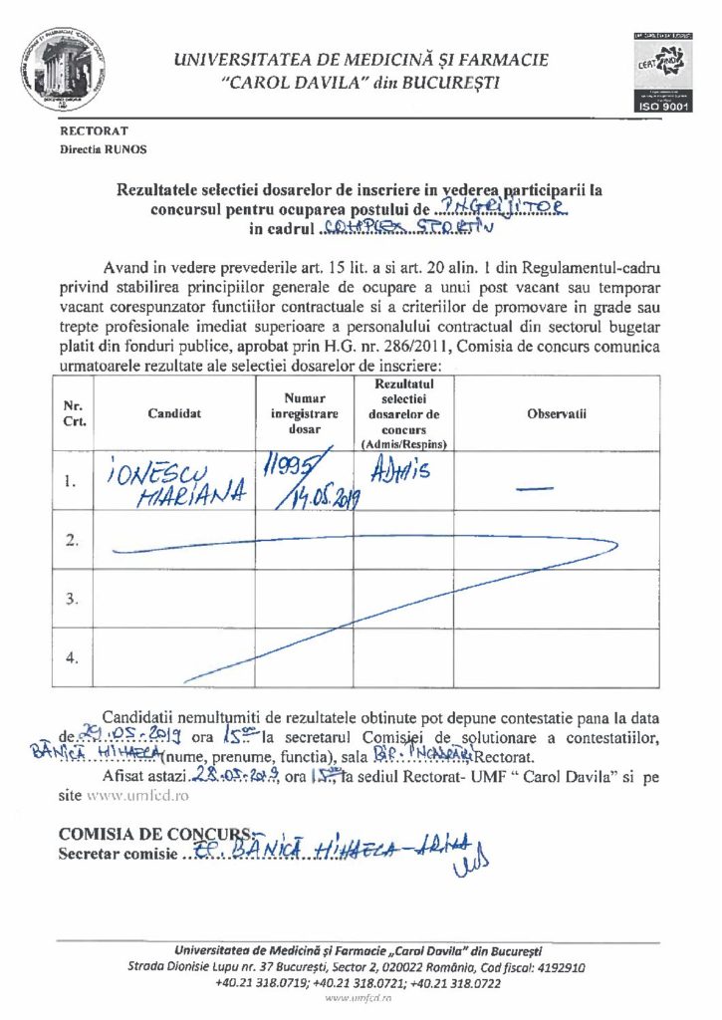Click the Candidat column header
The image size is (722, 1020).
pos(174,413)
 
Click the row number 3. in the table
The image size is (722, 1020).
pos(72,599)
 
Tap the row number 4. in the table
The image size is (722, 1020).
pos(72,658)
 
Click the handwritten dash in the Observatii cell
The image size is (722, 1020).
pos(536,488)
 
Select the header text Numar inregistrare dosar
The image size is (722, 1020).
pos(304,413)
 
